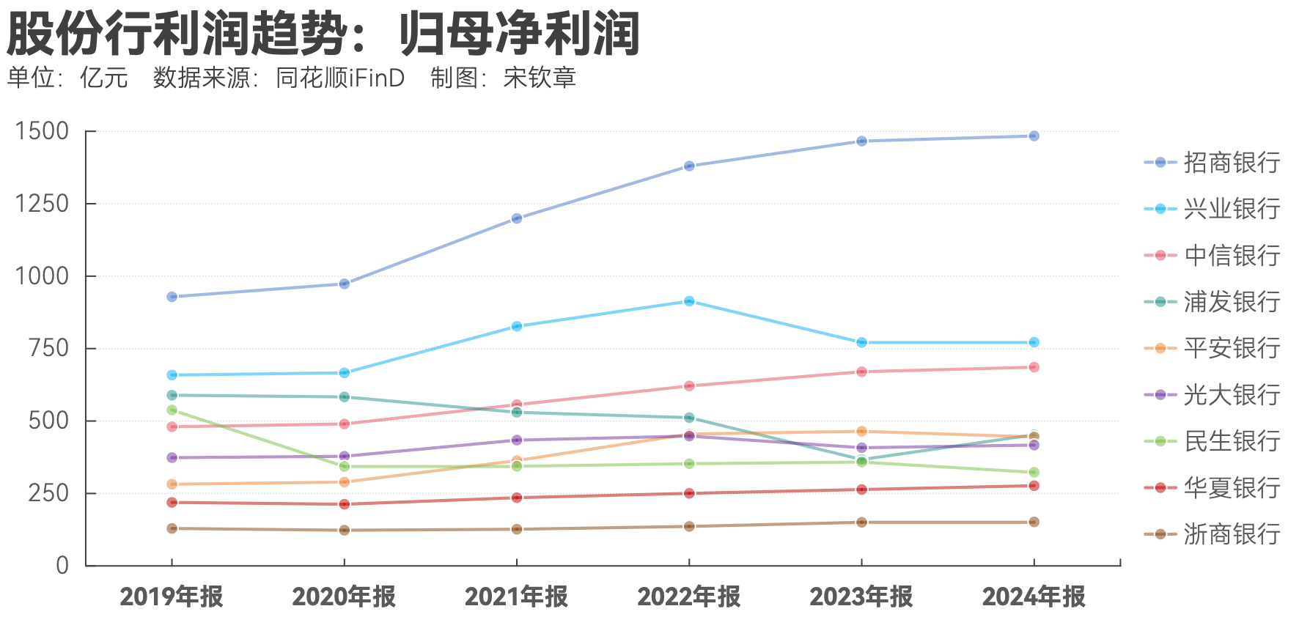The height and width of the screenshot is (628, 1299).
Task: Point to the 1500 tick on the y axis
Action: tap(42, 132)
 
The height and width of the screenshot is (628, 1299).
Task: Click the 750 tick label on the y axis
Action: tap(48, 348)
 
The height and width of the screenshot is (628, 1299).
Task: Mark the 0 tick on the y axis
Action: tap(62, 565)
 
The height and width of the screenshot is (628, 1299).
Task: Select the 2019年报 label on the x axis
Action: tap(172, 597)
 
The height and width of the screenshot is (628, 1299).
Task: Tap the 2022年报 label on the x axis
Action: tap(689, 597)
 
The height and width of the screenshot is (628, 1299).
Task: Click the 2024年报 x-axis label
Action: tap(1034, 597)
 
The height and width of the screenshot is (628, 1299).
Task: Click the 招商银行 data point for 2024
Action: tap(1034, 136)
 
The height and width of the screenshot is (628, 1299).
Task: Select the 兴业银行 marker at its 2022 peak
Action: tap(689, 301)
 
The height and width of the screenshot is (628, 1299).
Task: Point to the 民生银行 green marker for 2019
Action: tap(172, 410)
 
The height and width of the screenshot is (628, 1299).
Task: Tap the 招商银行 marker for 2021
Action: tap(517, 218)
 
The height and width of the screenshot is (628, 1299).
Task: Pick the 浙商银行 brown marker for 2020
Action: tap(345, 530)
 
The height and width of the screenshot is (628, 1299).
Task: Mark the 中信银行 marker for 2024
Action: tap(1034, 367)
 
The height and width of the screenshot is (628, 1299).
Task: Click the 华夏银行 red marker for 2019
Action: tap(172, 503)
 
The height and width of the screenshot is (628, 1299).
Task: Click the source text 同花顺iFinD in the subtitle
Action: tap(340, 78)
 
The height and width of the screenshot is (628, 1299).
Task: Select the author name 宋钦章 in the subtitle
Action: tap(540, 78)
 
